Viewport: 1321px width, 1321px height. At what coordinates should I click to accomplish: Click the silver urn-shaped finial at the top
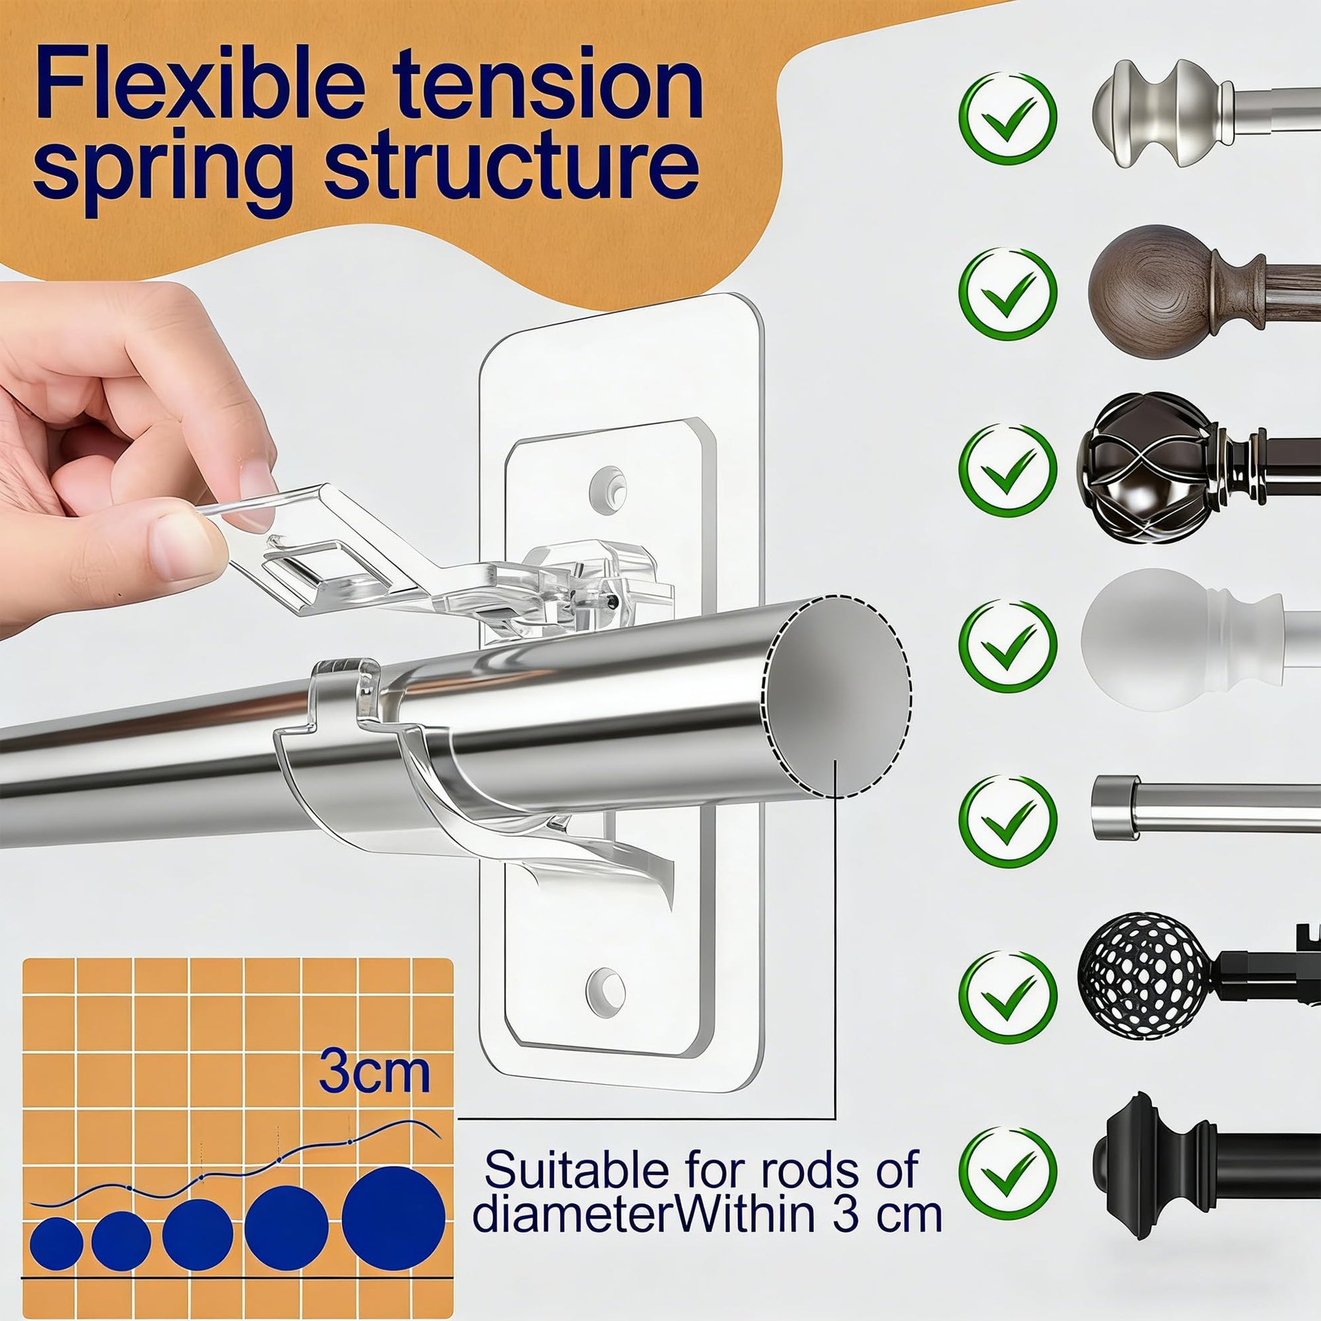(x=1162, y=114)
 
